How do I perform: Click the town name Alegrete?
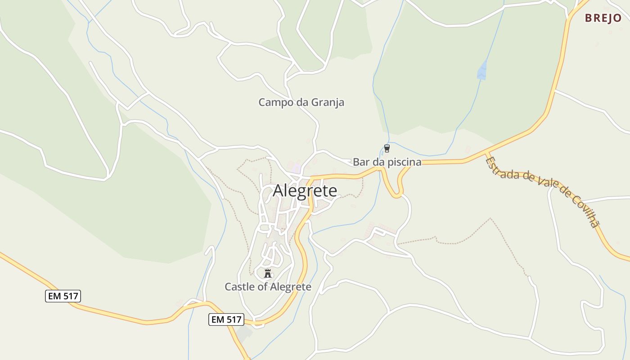[x=305, y=191]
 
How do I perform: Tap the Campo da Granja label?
[x=301, y=103]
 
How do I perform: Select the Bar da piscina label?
[x=387, y=162]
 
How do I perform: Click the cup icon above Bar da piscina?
[x=387, y=148]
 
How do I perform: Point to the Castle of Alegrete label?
[x=268, y=287]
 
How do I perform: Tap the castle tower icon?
[x=268, y=273]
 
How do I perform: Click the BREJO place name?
[x=603, y=18]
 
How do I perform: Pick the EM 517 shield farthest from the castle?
[x=63, y=296]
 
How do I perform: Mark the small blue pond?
[x=482, y=70]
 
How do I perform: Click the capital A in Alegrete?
[x=279, y=191]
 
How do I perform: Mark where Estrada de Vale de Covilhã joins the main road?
[x=486, y=154]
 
